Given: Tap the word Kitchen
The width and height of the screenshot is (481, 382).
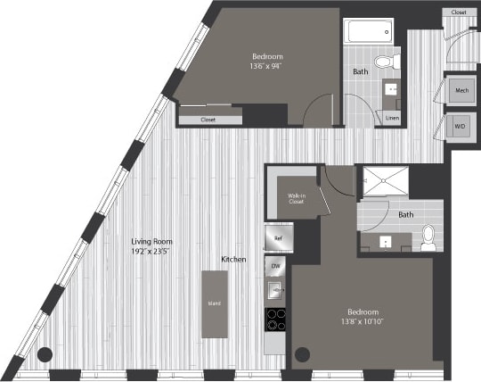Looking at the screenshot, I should pos(234,259).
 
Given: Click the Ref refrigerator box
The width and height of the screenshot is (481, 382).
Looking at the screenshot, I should pos(276,238).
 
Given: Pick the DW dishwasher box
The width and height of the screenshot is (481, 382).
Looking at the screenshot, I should pos(276,267).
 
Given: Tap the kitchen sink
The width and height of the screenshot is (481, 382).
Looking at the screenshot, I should pos(276,289).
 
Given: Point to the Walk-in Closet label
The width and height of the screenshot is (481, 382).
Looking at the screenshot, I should pos(297,199).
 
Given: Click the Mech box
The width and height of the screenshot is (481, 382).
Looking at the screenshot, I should pos(461,91).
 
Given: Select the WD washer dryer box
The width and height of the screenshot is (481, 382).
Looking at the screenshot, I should pos(461,127).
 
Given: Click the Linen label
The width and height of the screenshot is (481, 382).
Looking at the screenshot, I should pos(392,117).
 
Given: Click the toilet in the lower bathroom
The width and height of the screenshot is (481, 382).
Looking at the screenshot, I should pos(428,236).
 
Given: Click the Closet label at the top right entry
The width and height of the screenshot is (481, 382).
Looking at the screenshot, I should pos(458,12).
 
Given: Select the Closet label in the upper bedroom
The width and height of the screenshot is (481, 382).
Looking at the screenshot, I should pos(208,118).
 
